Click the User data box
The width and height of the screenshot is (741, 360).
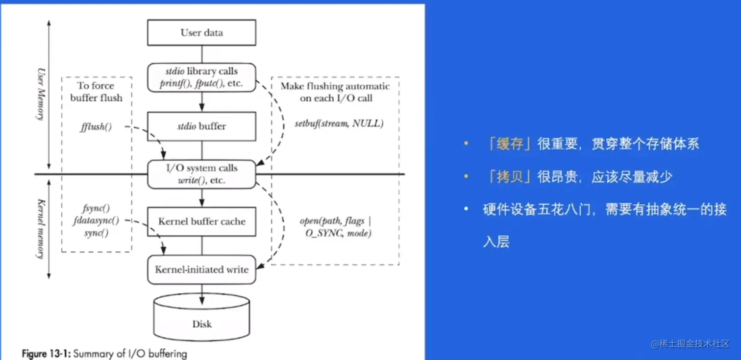pos(201,33)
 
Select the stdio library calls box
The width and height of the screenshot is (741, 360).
pos(201,77)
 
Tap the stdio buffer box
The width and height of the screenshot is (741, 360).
pos(201,126)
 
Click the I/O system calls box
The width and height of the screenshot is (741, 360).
pos(201,174)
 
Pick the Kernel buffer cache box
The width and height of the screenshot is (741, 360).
pos(201,221)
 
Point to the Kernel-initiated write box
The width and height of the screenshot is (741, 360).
pos(201,269)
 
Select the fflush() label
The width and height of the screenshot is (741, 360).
pos(96,127)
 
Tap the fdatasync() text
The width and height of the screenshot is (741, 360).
pos(96,220)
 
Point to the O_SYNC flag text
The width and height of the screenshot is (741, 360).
pos(324,234)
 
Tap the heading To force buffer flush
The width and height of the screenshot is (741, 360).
pos(96,92)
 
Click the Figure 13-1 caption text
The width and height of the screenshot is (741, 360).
pos(104,353)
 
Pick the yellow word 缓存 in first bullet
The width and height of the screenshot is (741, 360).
pos(510,144)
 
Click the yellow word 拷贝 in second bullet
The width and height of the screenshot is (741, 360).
pos(510,177)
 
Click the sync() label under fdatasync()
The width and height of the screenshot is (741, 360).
pos(96,233)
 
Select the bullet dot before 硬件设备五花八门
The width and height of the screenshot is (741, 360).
pos(467,210)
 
